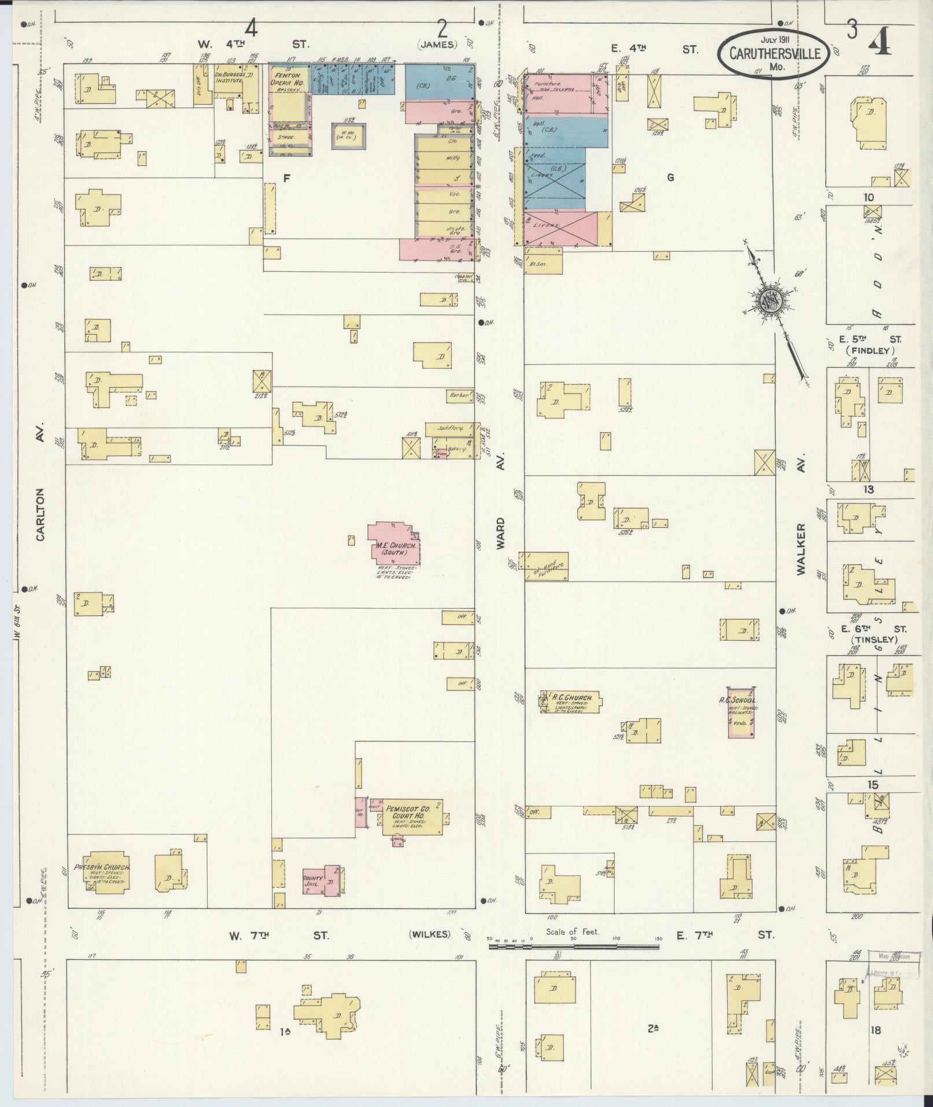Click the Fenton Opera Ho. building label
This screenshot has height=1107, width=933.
point(287,79)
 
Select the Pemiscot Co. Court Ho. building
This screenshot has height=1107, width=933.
point(411,817)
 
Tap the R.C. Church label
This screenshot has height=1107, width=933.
point(569,697)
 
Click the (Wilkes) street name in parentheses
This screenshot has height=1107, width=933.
point(429,935)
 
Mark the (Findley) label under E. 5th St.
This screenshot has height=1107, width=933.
point(869,351)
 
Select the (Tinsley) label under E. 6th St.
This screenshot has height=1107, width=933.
point(873,639)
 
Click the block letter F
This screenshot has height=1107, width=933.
point(286,178)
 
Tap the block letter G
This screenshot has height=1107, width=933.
point(670,178)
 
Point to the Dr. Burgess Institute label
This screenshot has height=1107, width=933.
point(228,78)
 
